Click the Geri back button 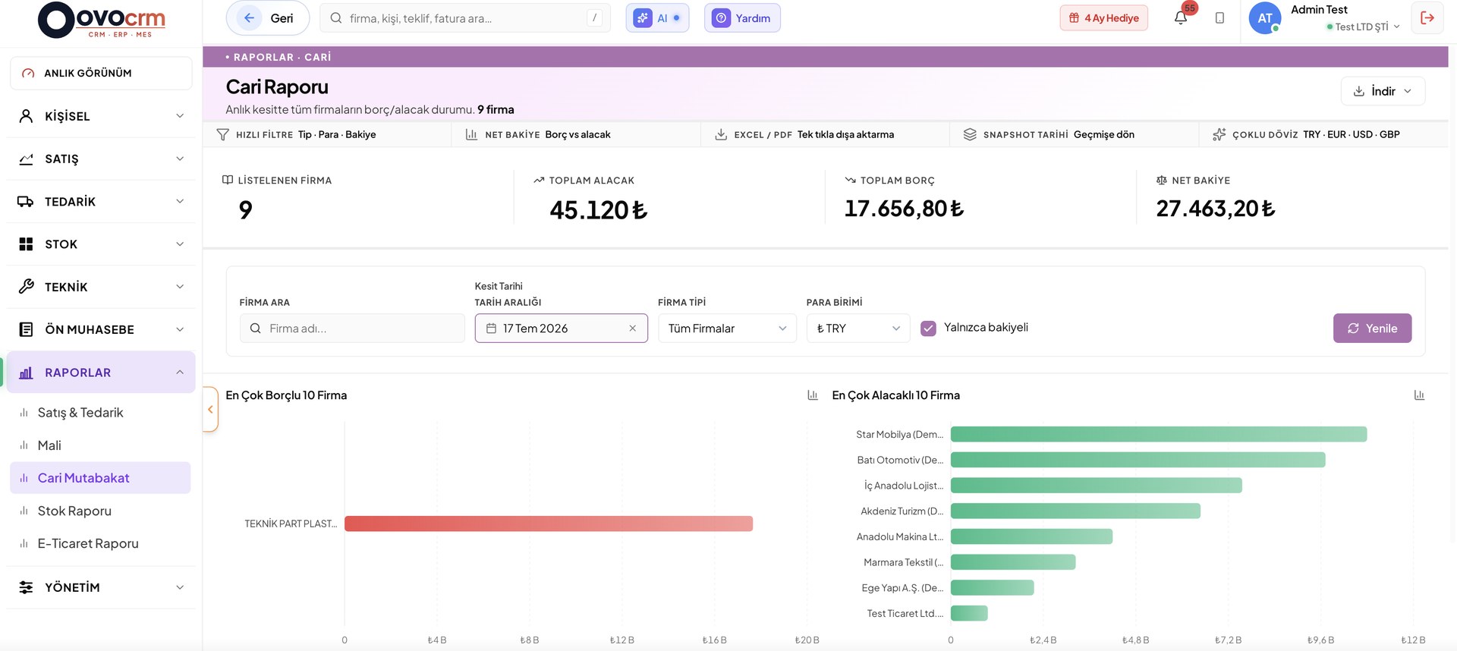(x=268, y=18)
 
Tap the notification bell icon (x=1180, y=17)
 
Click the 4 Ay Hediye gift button (x=1103, y=18)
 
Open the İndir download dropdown (x=1383, y=91)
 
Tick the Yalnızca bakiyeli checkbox (x=928, y=329)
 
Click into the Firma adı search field (x=352, y=329)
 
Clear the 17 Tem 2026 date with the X (x=632, y=329)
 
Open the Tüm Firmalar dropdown (x=727, y=329)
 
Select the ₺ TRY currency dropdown (x=858, y=329)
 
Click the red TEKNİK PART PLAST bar (x=549, y=524)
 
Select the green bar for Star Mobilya (x=1159, y=434)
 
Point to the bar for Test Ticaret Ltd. (x=969, y=613)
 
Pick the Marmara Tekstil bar (x=1013, y=562)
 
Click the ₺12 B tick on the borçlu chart (x=622, y=640)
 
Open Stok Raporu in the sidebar (x=74, y=511)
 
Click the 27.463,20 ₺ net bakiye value (x=1215, y=209)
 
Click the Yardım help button (x=742, y=18)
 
